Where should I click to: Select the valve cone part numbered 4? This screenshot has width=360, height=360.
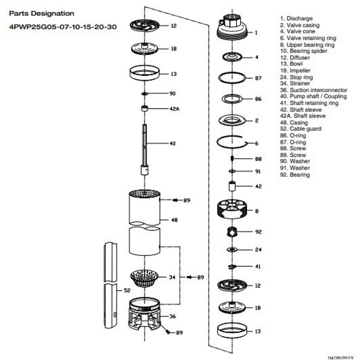pos(232,57)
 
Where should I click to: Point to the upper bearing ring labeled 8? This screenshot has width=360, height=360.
pos(232,209)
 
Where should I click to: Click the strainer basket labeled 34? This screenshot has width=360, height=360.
pos(144,278)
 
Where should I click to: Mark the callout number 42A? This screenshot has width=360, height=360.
pos(174,109)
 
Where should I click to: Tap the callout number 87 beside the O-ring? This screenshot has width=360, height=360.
pos(258,78)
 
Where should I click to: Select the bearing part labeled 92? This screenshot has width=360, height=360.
pos(232,232)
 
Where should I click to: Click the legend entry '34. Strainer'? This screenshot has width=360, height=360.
pos(295,83)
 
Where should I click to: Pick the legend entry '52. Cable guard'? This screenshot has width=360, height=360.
pos(301,129)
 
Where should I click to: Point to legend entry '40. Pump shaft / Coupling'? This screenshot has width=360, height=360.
pos(313,96)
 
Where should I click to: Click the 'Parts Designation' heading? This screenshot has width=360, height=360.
pos(41,13)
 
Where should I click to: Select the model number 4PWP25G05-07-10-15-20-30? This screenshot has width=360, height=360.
pos(63,27)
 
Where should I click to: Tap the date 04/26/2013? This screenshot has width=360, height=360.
pos(343,358)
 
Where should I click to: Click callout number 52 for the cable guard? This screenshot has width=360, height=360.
pos(127,291)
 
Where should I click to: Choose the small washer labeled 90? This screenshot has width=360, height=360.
pos(144,94)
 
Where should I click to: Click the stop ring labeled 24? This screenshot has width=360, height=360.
pos(232,250)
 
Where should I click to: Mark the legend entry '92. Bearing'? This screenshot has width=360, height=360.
pos(295,175)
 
